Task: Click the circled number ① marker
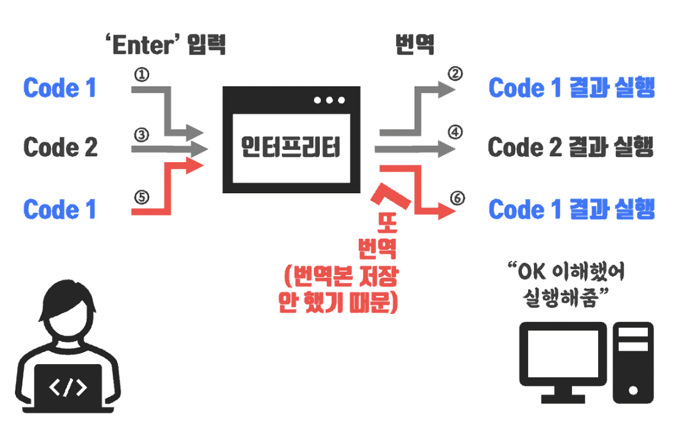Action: coord(142,75)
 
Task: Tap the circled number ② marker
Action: coord(455,74)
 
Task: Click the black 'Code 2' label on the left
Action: coord(60,147)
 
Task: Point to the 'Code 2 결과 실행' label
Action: coord(571,147)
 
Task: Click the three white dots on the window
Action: coord(329,100)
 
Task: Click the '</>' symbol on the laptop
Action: coord(68,387)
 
